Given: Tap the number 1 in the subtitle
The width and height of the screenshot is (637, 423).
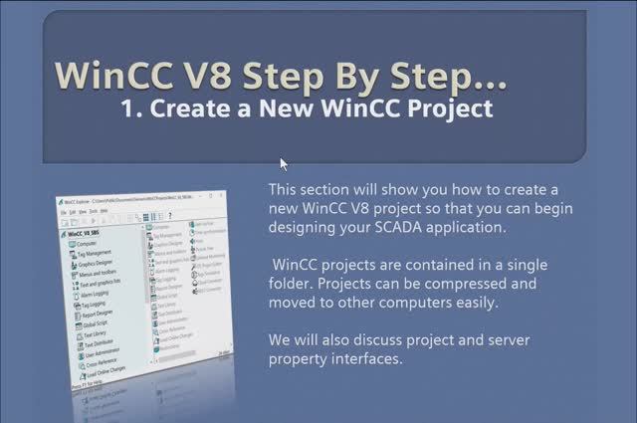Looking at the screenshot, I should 127,108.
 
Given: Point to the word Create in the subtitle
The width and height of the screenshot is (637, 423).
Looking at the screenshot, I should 186,108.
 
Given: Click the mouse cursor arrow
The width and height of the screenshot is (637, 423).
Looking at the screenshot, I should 284,164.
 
